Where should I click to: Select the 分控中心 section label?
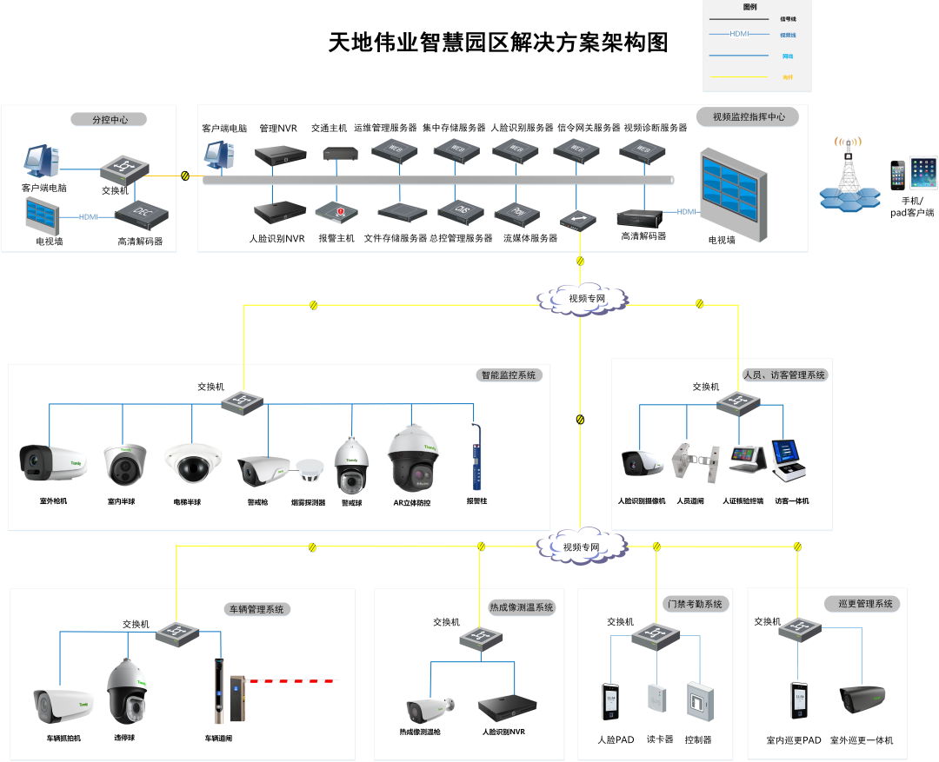coord(110,120)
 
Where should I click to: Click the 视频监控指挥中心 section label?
coord(748,116)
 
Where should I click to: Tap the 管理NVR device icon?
coord(280,155)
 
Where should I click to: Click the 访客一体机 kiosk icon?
coord(790,461)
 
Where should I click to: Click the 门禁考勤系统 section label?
coord(696,603)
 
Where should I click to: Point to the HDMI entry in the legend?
coord(739,34)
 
